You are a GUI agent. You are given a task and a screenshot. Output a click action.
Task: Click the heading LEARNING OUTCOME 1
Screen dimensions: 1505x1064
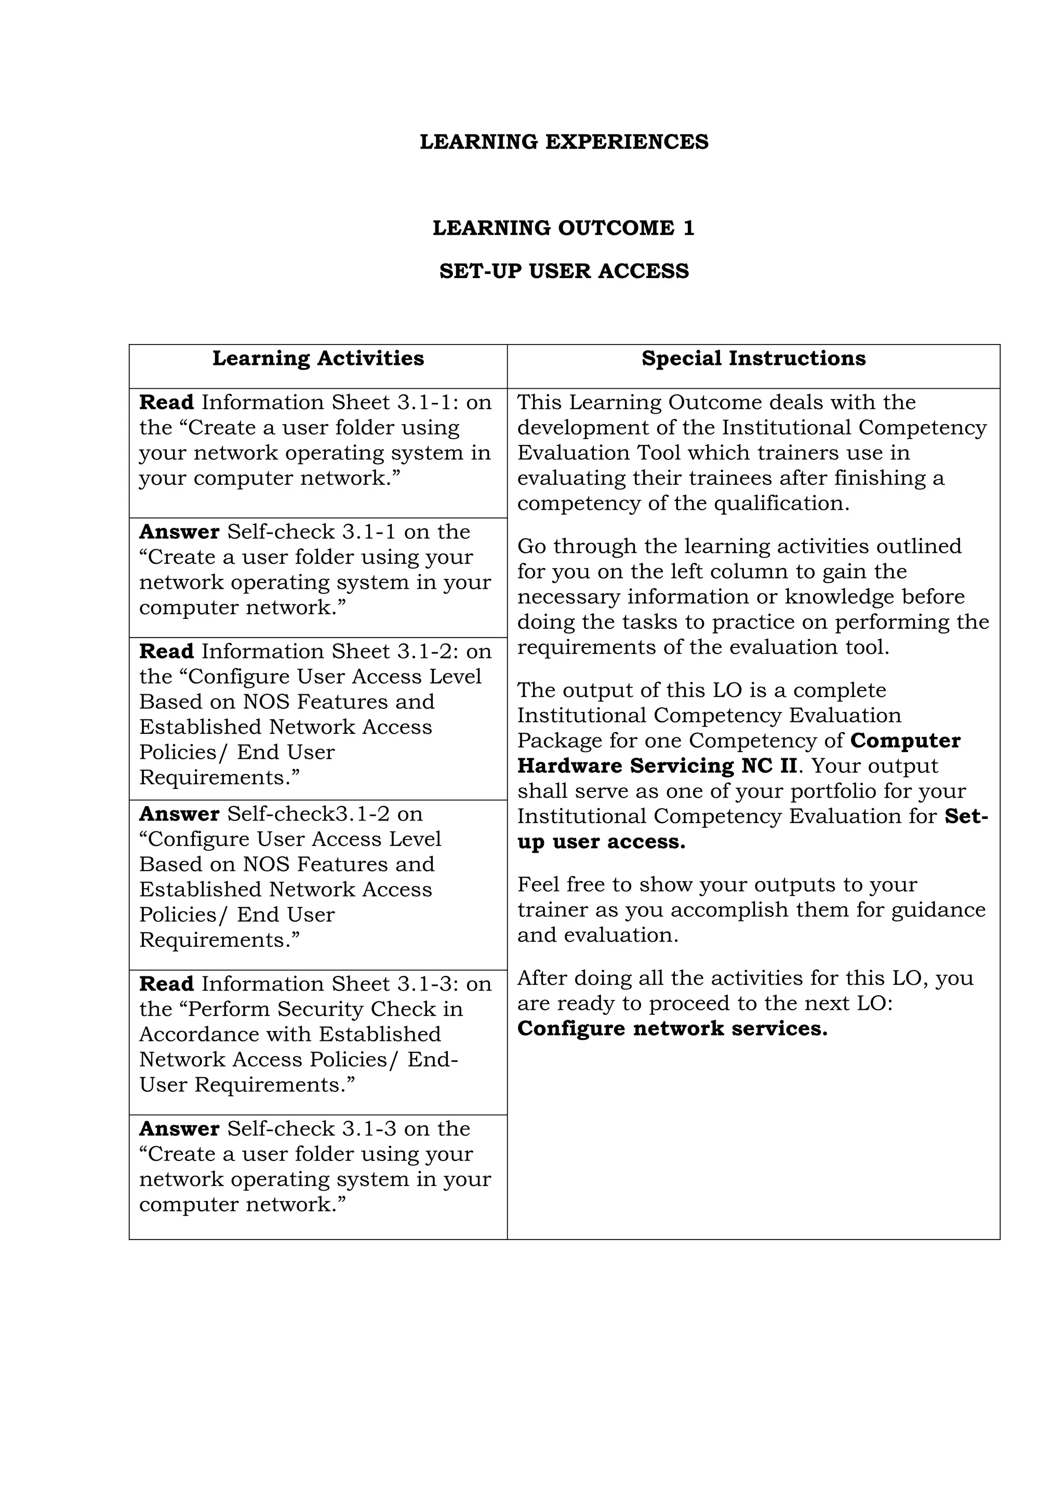[x=564, y=228]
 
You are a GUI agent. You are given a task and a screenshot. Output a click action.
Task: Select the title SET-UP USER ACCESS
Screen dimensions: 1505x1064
[x=564, y=271]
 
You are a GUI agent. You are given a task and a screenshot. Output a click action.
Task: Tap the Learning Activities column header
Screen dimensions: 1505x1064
[x=318, y=358]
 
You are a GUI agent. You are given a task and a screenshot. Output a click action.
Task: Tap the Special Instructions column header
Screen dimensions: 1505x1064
[x=753, y=358]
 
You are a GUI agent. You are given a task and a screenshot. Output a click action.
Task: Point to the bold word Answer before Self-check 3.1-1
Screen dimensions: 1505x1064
[x=179, y=531]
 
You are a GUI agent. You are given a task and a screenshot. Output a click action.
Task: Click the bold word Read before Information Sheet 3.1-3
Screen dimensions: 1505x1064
[x=166, y=983]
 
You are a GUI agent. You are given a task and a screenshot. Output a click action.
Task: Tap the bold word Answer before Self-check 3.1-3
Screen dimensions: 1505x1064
[x=179, y=1128]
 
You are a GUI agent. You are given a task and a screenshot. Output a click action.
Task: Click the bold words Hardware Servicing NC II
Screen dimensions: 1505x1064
[x=657, y=765]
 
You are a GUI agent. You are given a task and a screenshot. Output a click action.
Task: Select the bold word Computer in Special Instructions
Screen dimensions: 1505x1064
[x=905, y=740]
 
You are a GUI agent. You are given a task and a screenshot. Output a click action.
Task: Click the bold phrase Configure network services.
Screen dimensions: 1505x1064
[x=672, y=1028]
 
